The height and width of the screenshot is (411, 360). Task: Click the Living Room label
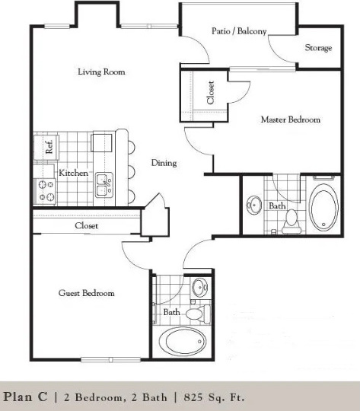pyautogui.click(x=101, y=72)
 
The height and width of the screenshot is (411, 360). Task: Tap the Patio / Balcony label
pyautogui.click(x=239, y=31)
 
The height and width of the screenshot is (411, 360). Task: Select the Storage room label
pyautogui.click(x=318, y=48)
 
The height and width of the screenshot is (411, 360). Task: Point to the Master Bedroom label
pyautogui.click(x=291, y=119)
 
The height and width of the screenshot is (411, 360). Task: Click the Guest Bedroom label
pyautogui.click(x=86, y=293)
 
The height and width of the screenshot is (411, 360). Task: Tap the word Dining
pyautogui.click(x=164, y=163)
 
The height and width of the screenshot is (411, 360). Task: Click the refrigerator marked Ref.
pyautogui.click(x=46, y=147)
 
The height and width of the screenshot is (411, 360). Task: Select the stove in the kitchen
pyautogui.click(x=45, y=192)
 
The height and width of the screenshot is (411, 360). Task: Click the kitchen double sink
pyautogui.click(x=104, y=185)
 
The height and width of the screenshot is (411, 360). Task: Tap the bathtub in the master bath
pyautogui.click(x=323, y=207)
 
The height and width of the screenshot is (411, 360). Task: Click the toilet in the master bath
pyautogui.click(x=291, y=221)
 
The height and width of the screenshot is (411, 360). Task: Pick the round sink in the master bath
pyautogui.click(x=254, y=205)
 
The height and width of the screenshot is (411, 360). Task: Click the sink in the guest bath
pyautogui.click(x=200, y=287)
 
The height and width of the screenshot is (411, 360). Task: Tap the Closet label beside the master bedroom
pyautogui.click(x=211, y=92)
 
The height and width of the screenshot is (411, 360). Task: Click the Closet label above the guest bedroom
pyautogui.click(x=86, y=226)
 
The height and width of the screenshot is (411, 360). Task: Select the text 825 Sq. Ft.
pyautogui.click(x=214, y=397)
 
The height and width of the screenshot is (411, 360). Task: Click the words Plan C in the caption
pyautogui.click(x=25, y=397)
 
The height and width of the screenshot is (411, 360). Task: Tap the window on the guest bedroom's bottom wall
pyautogui.click(x=110, y=359)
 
